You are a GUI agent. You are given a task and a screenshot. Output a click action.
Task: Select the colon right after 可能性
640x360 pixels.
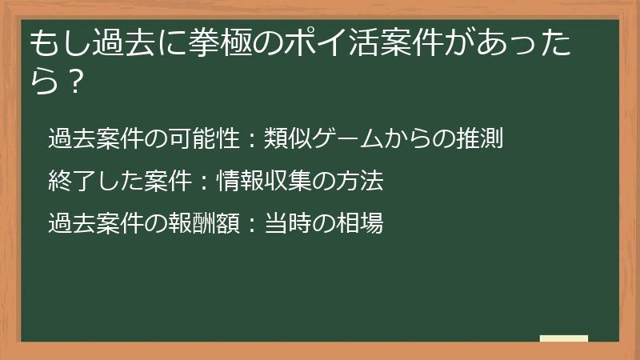(x=250, y=141)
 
